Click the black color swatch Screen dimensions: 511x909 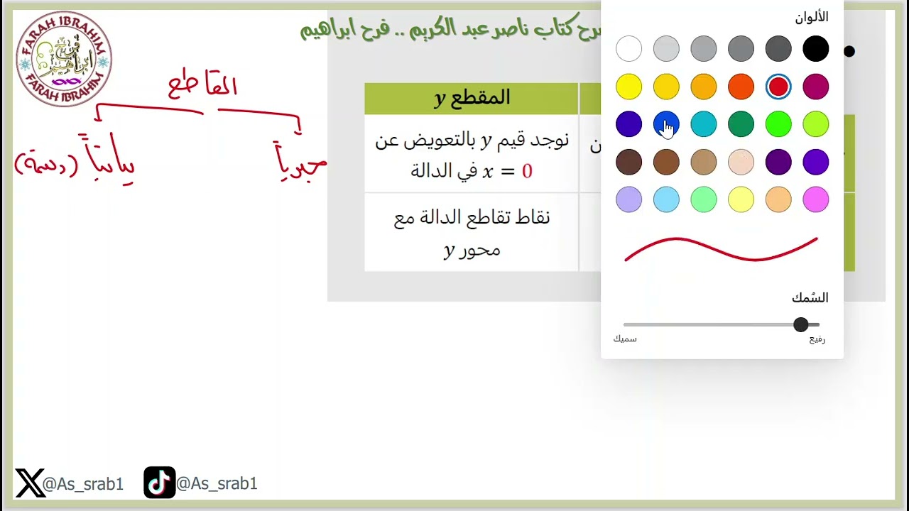(x=815, y=49)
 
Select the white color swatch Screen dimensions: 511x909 (x=628, y=49)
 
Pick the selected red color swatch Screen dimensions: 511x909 (x=778, y=87)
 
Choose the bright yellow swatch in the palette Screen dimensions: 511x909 (x=628, y=87)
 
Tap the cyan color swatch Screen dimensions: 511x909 (x=704, y=124)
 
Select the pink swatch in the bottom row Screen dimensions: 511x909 (x=815, y=199)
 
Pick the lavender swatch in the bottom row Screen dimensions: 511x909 (x=628, y=199)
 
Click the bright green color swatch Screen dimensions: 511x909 (x=778, y=124)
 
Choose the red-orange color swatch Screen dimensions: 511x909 (x=741, y=87)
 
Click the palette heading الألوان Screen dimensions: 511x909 (x=811, y=17)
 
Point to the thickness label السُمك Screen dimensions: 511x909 (x=810, y=298)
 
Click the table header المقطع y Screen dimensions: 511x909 (x=472, y=98)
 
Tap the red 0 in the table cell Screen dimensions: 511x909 (x=527, y=172)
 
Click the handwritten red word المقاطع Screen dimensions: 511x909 (x=202, y=87)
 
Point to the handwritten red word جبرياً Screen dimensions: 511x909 (x=300, y=162)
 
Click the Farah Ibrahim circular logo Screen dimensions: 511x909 (x=64, y=59)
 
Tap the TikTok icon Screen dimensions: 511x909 (x=159, y=483)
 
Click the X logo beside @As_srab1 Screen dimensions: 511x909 (x=29, y=483)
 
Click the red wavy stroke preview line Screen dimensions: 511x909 (x=721, y=250)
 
